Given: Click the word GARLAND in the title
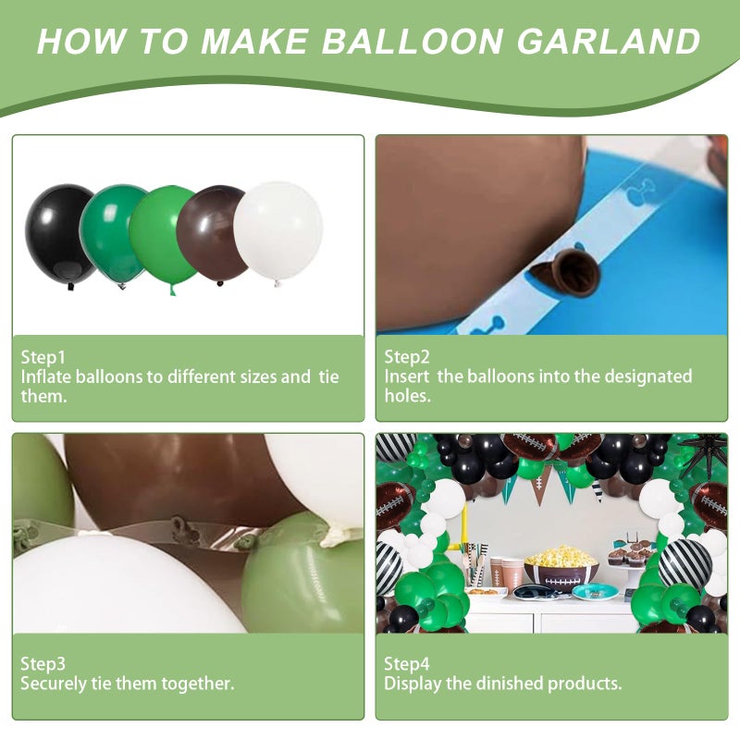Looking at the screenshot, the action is (609, 41).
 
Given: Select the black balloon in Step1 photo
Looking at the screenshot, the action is (59, 235).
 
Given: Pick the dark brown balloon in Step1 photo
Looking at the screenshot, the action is (213, 234).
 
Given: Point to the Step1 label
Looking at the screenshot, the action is (43, 357).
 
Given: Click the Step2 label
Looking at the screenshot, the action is (407, 357).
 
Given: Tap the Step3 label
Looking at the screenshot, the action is (43, 664).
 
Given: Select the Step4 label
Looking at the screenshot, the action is (407, 664).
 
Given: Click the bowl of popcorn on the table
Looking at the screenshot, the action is (561, 564).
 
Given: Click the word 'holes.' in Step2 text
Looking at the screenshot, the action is (408, 396).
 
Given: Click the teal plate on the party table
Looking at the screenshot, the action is (595, 591).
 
